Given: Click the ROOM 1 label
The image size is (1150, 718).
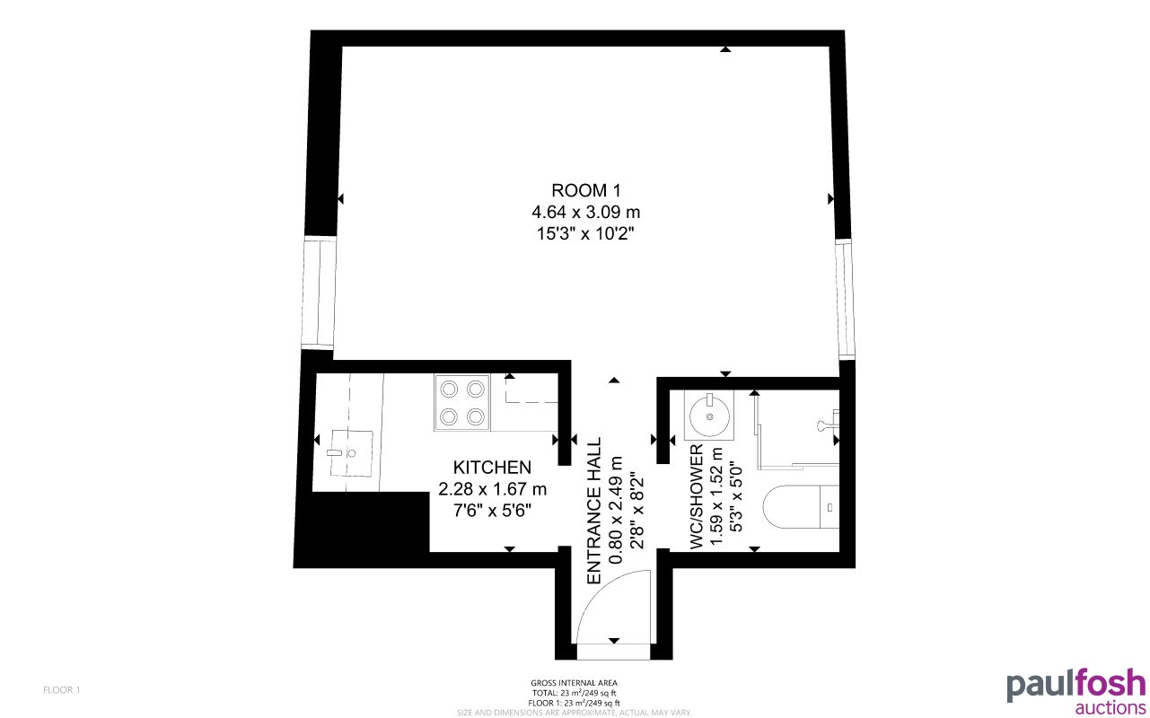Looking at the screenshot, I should pos(585,190).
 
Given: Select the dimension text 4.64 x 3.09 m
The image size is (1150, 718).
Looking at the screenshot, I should pos(585,213).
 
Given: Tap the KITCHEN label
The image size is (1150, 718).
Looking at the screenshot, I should pos(492,468).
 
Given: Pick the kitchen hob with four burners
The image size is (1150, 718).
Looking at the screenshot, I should pos(462,402).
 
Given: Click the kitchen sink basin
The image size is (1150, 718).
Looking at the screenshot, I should pos(350,453).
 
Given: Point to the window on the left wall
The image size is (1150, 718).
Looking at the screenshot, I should pos(319,293).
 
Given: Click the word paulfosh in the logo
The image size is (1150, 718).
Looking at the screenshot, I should pos(1075,685).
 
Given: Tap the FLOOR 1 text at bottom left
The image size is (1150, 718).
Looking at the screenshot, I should pos(62,690).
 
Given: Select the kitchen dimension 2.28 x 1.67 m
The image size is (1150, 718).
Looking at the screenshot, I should pos(492,489).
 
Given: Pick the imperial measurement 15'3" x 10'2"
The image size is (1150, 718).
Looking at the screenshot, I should pos(585,233).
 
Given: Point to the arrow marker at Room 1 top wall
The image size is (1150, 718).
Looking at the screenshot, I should pos(724,49).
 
